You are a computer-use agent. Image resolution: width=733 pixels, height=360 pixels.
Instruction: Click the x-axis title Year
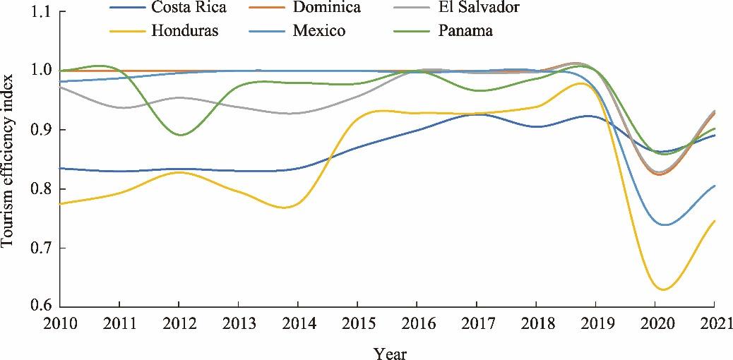390,352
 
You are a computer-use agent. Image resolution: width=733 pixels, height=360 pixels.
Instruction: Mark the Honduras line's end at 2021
715,221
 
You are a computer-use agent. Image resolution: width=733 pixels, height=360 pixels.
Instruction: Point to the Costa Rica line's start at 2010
61,168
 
